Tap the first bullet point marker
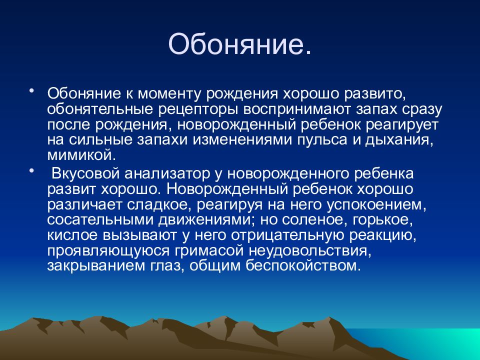31,91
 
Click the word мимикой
81,155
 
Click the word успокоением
376,204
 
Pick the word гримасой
209,250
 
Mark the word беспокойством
301,265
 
